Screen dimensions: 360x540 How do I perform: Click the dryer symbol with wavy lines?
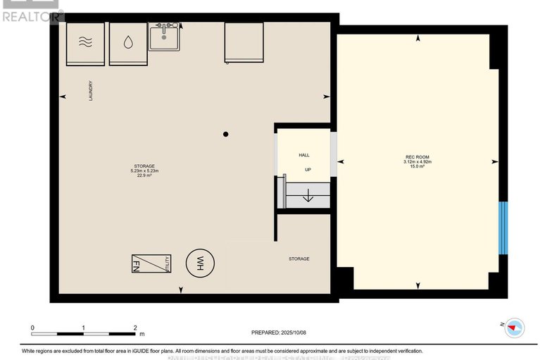click(x=85, y=44)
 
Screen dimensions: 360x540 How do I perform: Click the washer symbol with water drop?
click(x=127, y=44)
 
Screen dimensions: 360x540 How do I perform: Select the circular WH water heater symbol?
click(x=198, y=264)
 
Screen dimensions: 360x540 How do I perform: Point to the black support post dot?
click(x=226, y=134)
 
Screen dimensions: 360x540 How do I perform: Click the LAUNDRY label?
click(x=90, y=92)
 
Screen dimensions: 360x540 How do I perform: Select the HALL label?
click(x=304, y=155)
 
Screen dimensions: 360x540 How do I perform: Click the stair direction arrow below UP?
click(x=307, y=197)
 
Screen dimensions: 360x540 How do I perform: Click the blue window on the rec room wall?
click(x=503, y=228)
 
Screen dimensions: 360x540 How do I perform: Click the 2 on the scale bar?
click(x=135, y=328)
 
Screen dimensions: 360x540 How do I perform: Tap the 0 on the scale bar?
click(x=32, y=328)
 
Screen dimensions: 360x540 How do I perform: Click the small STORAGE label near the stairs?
click(x=299, y=259)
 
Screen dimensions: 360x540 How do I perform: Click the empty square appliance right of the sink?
click(x=243, y=42)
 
